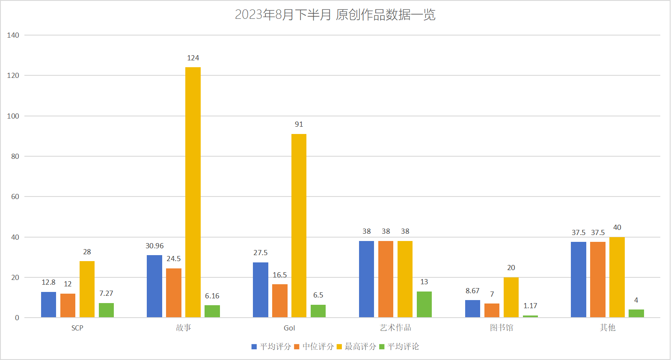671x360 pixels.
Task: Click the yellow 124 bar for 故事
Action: click(x=193, y=192)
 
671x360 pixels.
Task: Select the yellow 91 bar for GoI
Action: click(x=299, y=226)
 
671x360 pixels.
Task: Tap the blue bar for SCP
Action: click(x=48, y=305)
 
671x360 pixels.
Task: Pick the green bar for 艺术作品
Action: click(x=424, y=304)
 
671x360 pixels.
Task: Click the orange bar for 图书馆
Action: click(x=492, y=310)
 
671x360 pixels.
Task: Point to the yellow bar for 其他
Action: click(x=617, y=277)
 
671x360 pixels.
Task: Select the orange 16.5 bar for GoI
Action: click(x=279, y=301)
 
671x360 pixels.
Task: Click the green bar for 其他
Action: click(x=636, y=313)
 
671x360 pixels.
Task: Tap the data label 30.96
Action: click(x=154, y=246)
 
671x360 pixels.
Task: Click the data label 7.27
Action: click(x=106, y=293)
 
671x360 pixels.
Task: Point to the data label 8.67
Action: click(x=472, y=291)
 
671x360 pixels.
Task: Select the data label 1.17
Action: click(x=530, y=306)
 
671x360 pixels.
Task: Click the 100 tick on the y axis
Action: click(x=13, y=116)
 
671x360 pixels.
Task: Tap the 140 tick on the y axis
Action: click(x=13, y=35)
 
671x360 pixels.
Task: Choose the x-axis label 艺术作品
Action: click(x=395, y=327)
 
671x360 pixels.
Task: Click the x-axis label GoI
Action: click(x=289, y=328)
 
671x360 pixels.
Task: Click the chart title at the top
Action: click(x=335, y=15)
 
